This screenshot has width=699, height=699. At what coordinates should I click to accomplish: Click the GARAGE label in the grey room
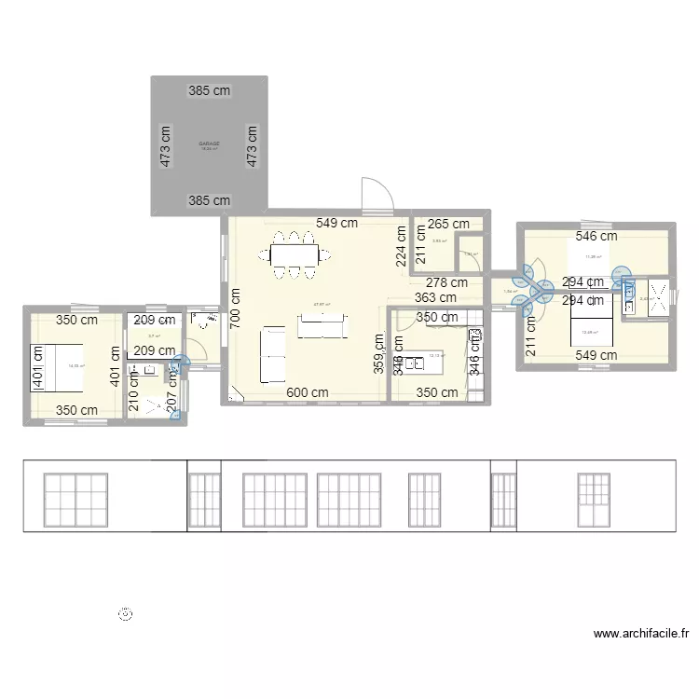pos(209,144)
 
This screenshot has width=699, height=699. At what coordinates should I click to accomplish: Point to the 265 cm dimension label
pos(449,224)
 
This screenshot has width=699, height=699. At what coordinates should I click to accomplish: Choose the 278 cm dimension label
pos(447,282)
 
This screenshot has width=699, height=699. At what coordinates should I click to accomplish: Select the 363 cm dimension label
pos(435,298)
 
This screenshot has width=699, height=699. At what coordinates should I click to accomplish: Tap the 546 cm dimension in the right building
pos(596,237)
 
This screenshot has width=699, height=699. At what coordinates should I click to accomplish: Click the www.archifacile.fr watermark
pos(640,634)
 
